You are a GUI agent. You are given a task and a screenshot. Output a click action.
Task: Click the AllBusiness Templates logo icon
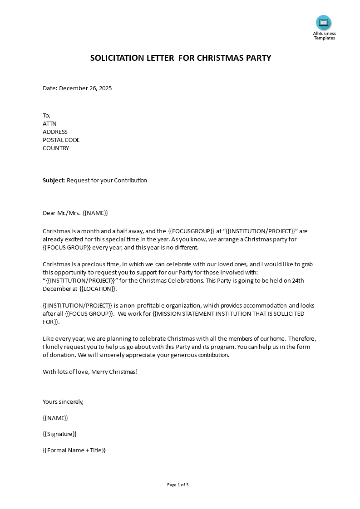click(x=324, y=23)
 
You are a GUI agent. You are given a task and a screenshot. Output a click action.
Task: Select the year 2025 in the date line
click(x=104, y=88)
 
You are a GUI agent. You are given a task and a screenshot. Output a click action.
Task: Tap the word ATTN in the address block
click(x=49, y=124)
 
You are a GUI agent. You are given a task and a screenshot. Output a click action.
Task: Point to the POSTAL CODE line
click(x=61, y=140)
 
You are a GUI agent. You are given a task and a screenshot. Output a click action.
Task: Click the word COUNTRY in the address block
click(x=56, y=148)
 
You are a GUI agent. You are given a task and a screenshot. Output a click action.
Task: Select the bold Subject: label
click(x=54, y=181)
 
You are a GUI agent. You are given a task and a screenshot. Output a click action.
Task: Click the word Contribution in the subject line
click(x=130, y=181)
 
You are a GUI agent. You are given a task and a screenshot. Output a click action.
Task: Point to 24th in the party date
click(x=297, y=281)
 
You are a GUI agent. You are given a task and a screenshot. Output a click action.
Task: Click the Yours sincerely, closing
click(x=63, y=402)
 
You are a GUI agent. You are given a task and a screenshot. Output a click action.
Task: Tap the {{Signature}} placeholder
click(x=59, y=434)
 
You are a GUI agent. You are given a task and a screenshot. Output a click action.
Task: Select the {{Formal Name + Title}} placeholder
click(x=74, y=450)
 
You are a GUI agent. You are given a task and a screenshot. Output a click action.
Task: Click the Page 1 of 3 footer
click(x=178, y=485)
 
